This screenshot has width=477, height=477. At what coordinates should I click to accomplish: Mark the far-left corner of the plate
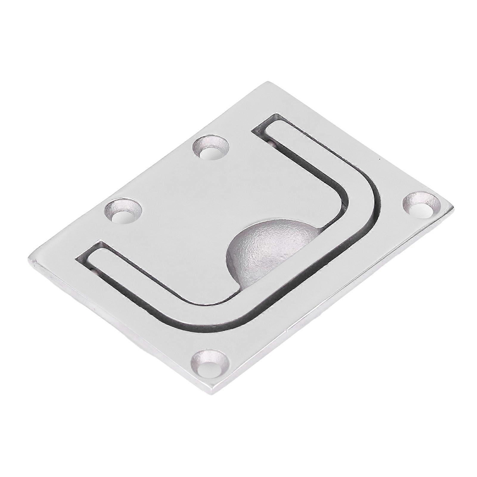click(x=29, y=259)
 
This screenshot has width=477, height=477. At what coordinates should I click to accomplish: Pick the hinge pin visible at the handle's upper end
click(x=272, y=142)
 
